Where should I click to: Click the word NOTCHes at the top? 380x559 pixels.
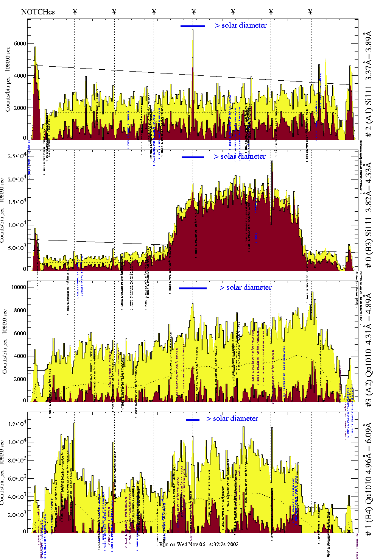(38, 12)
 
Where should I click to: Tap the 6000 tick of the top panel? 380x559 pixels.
(20, 44)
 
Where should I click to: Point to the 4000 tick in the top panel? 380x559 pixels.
(20, 76)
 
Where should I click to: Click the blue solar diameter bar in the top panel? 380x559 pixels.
(193, 26)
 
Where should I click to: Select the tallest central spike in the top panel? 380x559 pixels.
(193, 30)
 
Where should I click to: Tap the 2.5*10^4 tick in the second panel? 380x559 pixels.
(17, 156)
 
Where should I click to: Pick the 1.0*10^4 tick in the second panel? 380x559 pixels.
(17, 225)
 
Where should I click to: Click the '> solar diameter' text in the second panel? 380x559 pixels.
(240, 156)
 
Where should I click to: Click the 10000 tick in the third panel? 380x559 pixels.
(19, 287)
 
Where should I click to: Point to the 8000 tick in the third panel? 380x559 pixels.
(20, 310)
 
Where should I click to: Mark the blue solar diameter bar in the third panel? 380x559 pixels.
(193, 288)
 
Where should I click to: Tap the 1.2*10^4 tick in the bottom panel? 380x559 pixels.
(17, 424)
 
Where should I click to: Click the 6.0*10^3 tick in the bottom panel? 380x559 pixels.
(17, 478)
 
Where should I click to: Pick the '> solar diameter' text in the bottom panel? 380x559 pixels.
(232, 418)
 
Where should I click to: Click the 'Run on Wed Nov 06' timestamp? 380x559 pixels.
(199, 544)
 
